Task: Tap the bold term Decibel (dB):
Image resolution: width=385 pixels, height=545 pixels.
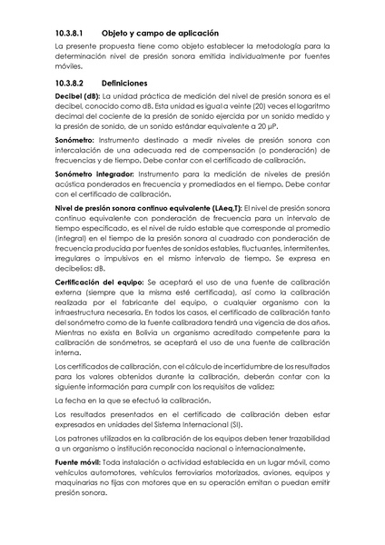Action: [x=78, y=95]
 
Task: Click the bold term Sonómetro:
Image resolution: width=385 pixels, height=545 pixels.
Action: [x=79, y=144]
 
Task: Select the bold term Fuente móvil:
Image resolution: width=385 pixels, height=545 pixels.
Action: [x=80, y=463]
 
